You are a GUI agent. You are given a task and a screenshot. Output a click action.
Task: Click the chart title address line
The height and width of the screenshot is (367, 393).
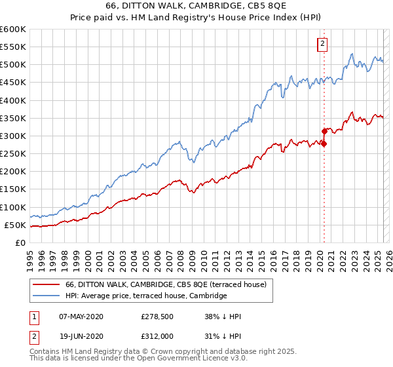196,6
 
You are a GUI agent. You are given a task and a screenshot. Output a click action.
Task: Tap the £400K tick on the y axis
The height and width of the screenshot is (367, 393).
14,100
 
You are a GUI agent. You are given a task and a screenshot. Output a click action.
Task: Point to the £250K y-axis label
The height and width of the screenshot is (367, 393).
14,153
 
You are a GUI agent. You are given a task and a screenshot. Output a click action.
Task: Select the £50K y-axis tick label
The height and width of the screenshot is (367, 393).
16,225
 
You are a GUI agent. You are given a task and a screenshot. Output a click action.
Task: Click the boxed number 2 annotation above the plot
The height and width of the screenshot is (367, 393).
323,45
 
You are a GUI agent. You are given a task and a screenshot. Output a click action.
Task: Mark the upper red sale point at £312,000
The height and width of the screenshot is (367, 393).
324,132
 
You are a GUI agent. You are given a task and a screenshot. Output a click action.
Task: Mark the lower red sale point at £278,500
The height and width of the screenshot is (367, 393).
324,144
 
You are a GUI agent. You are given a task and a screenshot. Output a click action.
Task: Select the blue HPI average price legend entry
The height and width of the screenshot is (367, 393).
145,296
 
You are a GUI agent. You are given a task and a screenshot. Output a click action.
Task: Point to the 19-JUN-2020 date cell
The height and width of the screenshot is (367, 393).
81,336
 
